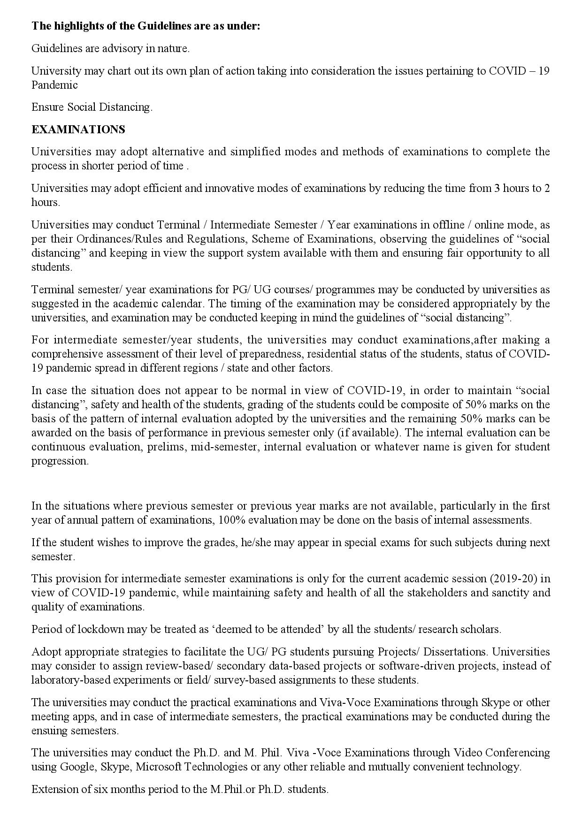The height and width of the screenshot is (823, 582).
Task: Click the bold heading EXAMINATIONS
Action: tap(78, 130)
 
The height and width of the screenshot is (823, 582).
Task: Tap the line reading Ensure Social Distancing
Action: tap(92, 107)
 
